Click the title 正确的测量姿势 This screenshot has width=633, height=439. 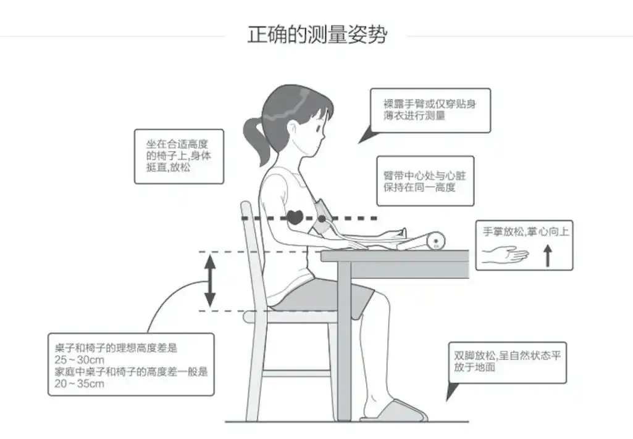[x=317, y=34]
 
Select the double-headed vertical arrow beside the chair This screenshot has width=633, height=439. [x=210, y=281]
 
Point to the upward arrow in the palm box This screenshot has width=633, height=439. [x=547, y=255]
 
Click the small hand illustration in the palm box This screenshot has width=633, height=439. [x=505, y=255]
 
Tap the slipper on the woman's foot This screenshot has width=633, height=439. [x=395, y=411]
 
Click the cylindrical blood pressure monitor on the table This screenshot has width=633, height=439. [x=426, y=241]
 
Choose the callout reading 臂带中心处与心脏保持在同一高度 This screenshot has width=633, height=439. [x=425, y=181]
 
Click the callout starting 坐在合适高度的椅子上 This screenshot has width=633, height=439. [x=178, y=156]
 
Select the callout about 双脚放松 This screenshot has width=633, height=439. [x=506, y=362]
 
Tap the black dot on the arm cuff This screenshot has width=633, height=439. [x=322, y=218]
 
